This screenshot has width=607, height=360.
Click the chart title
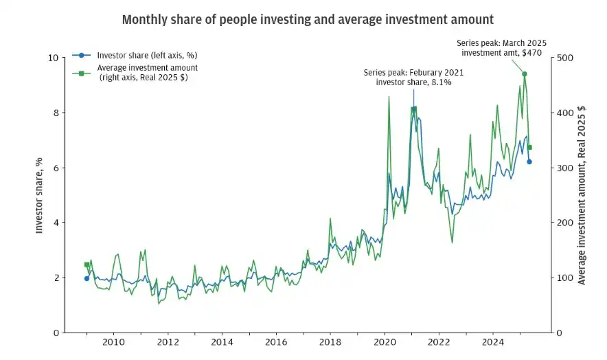(x=307, y=19)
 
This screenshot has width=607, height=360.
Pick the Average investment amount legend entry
(x=148, y=72)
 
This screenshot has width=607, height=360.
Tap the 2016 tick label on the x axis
(x=275, y=341)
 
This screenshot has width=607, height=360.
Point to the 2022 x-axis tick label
(x=439, y=341)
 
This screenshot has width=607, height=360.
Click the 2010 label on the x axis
(x=113, y=341)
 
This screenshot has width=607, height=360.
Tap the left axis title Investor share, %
(x=39, y=195)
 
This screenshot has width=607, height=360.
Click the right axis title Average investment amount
(x=582, y=195)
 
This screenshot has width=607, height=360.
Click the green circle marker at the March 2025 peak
(x=525, y=74)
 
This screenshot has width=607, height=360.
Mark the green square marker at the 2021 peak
(x=414, y=109)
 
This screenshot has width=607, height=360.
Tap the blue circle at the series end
(x=529, y=161)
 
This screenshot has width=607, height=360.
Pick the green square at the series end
(x=529, y=147)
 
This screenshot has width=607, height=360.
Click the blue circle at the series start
(x=87, y=278)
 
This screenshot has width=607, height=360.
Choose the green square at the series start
(x=87, y=265)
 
